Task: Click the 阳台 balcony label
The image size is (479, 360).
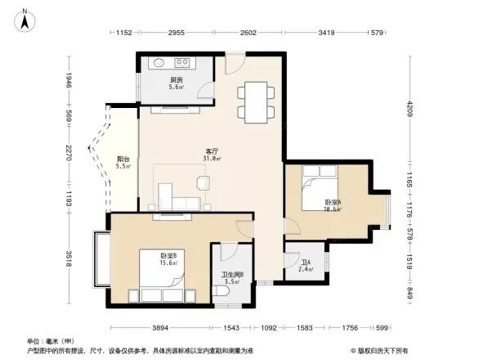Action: click(123, 162)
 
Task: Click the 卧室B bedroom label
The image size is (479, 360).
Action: click(168, 259)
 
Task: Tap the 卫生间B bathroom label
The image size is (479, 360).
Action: click(233, 277)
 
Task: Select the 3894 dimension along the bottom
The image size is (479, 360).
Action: click(160, 328)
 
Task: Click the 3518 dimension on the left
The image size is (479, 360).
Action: click(69, 259)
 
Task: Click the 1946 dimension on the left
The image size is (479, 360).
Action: click(69, 81)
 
